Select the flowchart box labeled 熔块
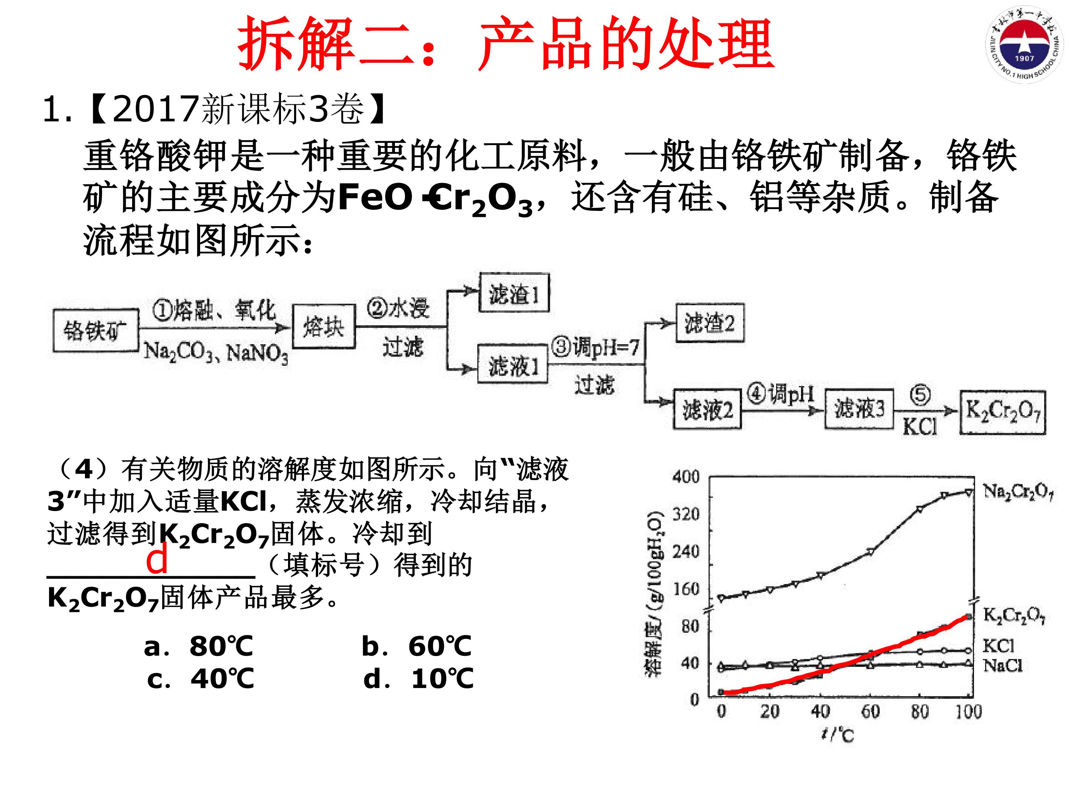click(324, 327)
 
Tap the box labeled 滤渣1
click(514, 293)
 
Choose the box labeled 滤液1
click(513, 364)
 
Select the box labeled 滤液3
click(859, 408)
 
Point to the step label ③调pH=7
click(596, 347)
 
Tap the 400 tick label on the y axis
click(686, 477)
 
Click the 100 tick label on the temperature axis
click(968, 711)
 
